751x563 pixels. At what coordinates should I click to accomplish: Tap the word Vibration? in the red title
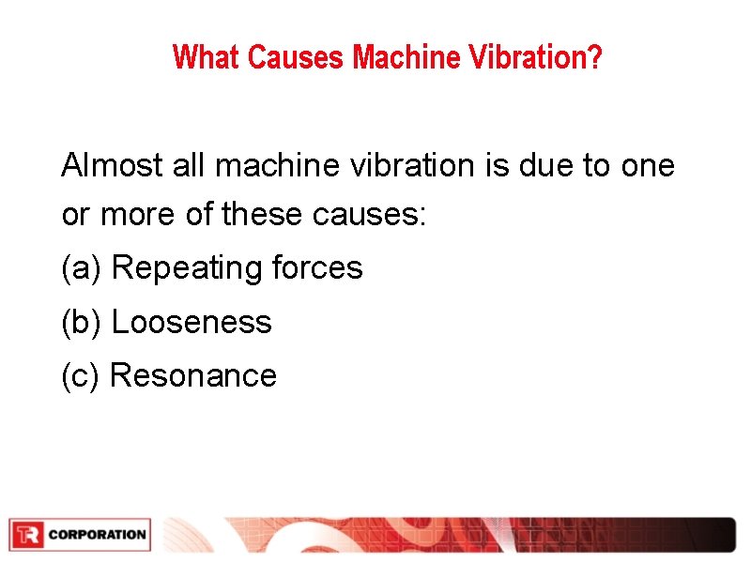pyautogui.click(x=539, y=58)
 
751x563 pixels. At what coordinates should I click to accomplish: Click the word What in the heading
pyautogui.click(x=207, y=58)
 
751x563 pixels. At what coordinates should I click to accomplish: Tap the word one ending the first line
pyautogui.click(x=648, y=166)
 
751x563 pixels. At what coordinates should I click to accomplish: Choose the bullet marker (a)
pyautogui.click(x=81, y=269)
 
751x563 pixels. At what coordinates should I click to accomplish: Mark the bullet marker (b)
pyautogui.click(x=81, y=323)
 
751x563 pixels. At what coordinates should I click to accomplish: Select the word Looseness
pyautogui.click(x=192, y=323)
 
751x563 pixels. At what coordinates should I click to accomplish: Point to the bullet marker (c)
pyautogui.click(x=81, y=376)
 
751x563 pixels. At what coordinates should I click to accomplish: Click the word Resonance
pyautogui.click(x=193, y=376)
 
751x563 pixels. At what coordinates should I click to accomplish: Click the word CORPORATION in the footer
pyautogui.click(x=97, y=535)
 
